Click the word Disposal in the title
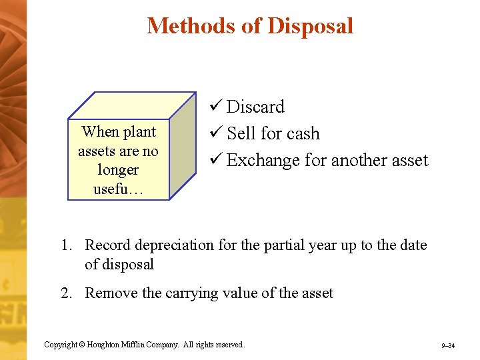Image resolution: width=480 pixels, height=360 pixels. tap(310, 25)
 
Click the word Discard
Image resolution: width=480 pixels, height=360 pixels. tap(255, 107)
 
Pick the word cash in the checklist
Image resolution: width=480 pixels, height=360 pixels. tap(303, 133)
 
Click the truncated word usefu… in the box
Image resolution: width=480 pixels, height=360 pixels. tap(117, 189)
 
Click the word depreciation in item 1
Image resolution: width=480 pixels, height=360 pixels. tap(179, 245)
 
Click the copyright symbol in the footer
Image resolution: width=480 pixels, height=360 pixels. tap(83, 345)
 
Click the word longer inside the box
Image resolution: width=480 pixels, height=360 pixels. tap(118, 170)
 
